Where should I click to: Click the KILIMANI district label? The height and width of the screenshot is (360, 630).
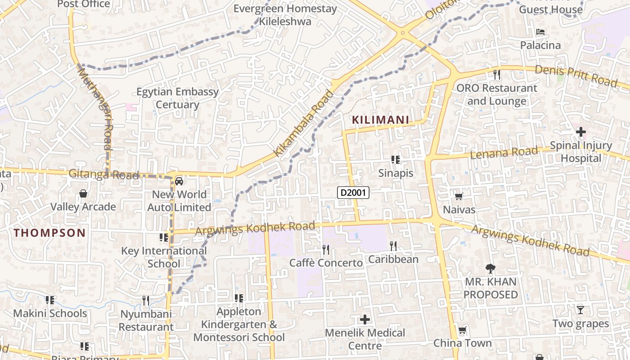click(x=380, y=120)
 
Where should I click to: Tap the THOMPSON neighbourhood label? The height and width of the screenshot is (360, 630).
click(x=49, y=233)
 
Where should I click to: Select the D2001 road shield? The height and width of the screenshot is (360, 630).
click(x=353, y=193)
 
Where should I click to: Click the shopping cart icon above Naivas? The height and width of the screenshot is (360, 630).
click(x=459, y=196)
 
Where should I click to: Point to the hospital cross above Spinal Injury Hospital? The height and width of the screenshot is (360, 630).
click(x=581, y=132)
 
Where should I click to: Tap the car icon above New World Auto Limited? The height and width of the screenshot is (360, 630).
click(x=179, y=181)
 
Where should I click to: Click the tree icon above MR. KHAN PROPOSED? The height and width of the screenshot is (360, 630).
click(x=490, y=269)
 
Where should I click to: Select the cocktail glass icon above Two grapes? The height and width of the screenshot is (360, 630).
click(x=580, y=310)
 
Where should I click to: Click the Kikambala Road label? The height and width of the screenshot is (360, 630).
click(x=305, y=123)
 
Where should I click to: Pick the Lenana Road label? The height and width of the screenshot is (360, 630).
click(x=504, y=153)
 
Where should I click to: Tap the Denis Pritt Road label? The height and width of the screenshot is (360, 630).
click(x=576, y=76)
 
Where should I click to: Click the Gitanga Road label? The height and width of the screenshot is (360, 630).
click(x=103, y=174)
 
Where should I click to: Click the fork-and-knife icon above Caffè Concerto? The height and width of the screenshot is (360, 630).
click(x=326, y=249)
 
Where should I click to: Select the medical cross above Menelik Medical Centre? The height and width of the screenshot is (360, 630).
click(x=365, y=319)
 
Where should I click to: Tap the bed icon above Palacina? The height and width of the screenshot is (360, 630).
click(x=540, y=32)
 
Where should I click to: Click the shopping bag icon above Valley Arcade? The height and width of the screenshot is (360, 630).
click(x=83, y=194)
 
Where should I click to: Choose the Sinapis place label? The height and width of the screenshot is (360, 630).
click(x=396, y=173)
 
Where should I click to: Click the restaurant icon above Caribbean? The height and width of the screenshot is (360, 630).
click(x=393, y=246)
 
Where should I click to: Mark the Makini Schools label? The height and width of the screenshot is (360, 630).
click(x=50, y=313)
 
